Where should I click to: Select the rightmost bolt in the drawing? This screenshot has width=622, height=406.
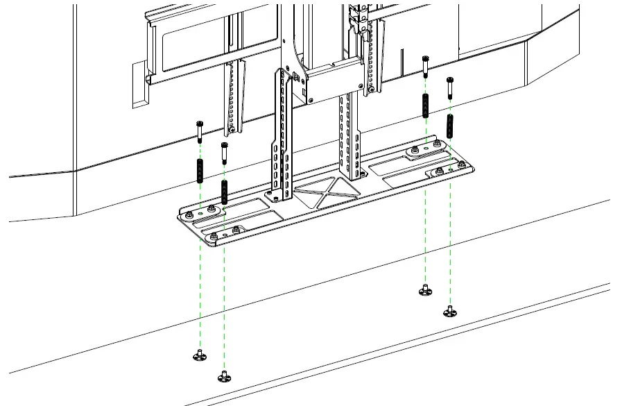click(x=450, y=86)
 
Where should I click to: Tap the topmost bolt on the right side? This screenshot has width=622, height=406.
click(x=424, y=68)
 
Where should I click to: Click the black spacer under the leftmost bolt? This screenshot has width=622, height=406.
click(x=200, y=170)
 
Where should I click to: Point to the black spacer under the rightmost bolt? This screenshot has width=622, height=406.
click(x=450, y=126)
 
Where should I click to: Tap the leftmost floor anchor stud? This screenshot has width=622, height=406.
click(x=199, y=355)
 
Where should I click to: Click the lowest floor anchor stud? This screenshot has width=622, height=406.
click(x=223, y=377)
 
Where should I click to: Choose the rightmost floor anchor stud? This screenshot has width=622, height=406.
click(x=450, y=311)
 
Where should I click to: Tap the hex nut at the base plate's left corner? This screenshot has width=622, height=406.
click(x=211, y=238)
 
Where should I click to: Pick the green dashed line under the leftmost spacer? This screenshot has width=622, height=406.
click(x=200, y=278)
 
